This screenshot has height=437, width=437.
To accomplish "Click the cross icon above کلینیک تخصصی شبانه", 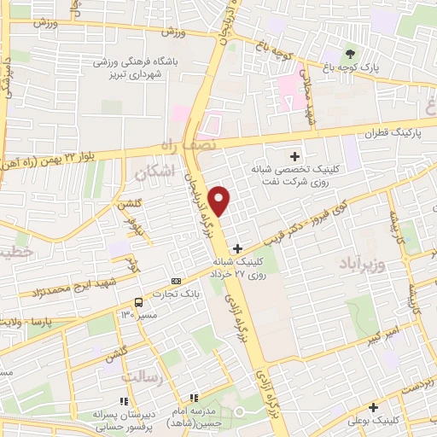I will pos(295,156).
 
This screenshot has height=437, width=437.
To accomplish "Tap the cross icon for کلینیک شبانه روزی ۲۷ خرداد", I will pos(237,248).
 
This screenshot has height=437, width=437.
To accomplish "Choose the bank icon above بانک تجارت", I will pos(177,281).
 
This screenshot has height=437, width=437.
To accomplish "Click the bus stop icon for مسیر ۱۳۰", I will pos(137,302).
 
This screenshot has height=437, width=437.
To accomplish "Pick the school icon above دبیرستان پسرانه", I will pos(124,400).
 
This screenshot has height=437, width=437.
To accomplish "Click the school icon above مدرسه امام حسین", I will pos(195,398).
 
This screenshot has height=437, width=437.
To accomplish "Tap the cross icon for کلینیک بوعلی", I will pos(373,408).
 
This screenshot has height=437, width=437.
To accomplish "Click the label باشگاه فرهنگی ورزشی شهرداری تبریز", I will pos(136,68).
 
